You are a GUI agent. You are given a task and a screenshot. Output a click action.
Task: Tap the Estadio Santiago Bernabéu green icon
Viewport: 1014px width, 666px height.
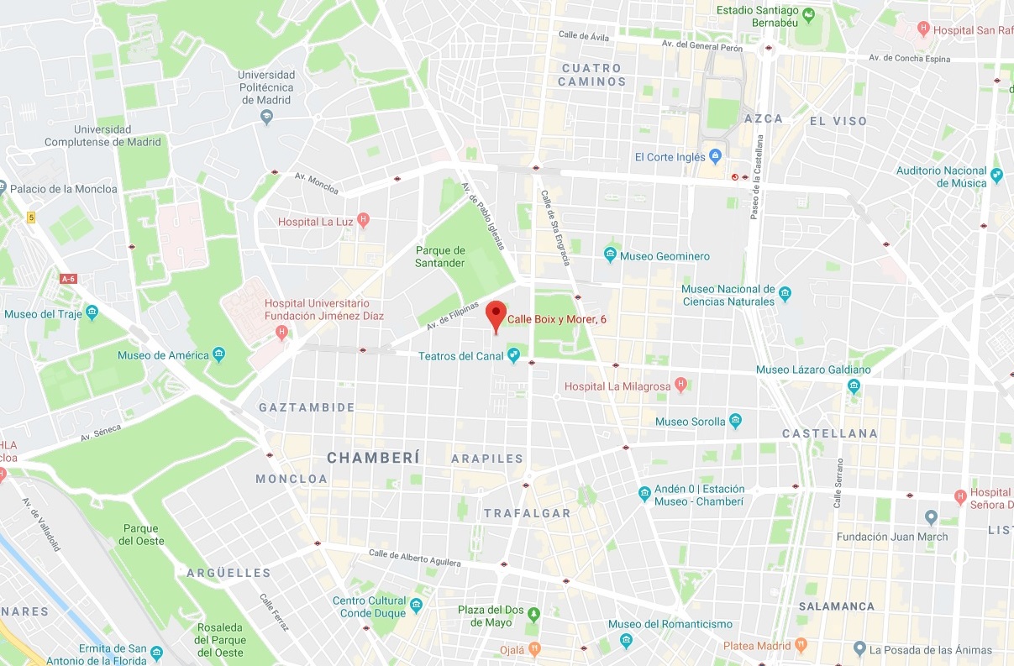[x=808, y=15]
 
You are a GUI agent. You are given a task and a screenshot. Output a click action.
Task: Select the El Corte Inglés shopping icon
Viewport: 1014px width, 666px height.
[x=716, y=156]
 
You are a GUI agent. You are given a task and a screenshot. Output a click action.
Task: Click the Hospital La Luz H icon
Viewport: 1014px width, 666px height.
[x=363, y=221]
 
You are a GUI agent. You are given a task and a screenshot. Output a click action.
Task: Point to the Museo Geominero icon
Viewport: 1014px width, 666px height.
[x=611, y=255]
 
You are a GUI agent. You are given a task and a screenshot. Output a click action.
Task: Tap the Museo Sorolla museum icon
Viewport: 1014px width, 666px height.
[x=736, y=421]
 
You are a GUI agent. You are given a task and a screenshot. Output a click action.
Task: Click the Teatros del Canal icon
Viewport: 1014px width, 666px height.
[x=512, y=356]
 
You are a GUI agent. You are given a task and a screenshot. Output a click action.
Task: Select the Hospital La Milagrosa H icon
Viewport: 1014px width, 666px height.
[x=681, y=385]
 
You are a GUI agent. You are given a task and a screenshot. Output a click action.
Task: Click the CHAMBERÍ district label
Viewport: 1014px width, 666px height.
[x=372, y=458]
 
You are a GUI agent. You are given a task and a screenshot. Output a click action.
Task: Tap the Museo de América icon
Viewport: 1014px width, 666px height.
[x=219, y=354]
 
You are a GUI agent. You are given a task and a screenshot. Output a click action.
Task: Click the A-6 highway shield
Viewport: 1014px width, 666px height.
[x=69, y=278]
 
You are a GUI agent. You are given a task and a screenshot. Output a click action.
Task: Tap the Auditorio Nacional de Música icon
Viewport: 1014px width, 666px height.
[x=997, y=176]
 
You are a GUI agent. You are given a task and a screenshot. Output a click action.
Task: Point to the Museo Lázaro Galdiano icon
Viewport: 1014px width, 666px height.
[x=854, y=386]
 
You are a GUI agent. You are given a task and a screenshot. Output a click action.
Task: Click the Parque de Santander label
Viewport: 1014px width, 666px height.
[x=440, y=256]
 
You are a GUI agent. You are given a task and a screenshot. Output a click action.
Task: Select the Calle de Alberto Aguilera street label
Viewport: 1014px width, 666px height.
[x=415, y=558]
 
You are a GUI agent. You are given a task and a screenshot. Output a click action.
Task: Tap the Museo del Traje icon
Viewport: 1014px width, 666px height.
[x=92, y=314]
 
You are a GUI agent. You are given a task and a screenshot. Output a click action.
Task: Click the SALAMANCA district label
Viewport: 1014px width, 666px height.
[x=836, y=606]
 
